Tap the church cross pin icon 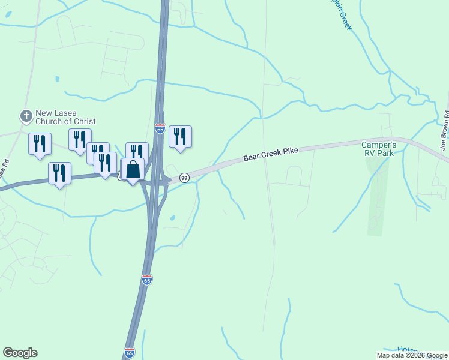coord(26,116)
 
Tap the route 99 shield coord(184,178)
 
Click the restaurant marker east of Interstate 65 coord(180,137)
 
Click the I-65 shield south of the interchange coord(147,280)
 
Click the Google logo coord(20,353)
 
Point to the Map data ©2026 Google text coord(412,355)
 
